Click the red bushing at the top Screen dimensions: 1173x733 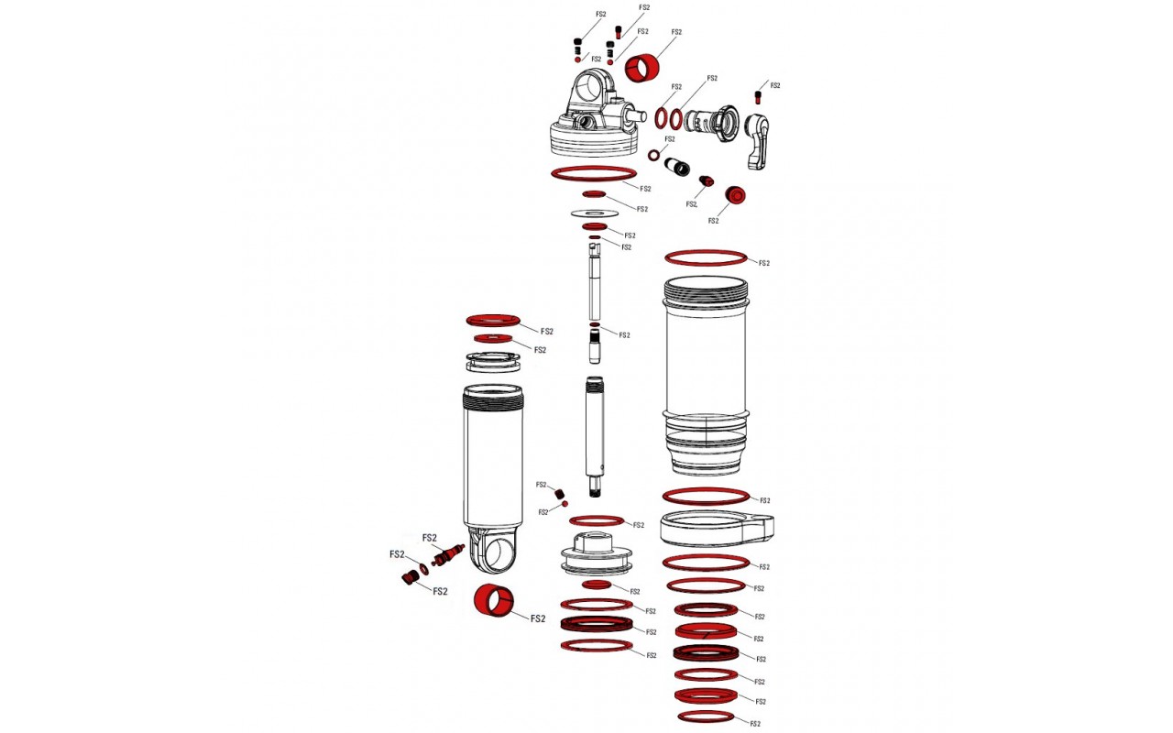point(642,69)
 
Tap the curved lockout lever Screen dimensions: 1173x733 point(758,141)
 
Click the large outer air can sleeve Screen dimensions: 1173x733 point(706,376)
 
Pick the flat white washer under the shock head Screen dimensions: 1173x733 point(595,213)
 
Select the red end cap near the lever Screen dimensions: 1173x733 point(735,195)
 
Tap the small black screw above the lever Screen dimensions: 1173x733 point(758,97)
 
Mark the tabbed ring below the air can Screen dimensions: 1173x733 point(717,529)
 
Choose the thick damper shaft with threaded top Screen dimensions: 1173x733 point(595,437)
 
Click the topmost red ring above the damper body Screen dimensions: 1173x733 point(493,321)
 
